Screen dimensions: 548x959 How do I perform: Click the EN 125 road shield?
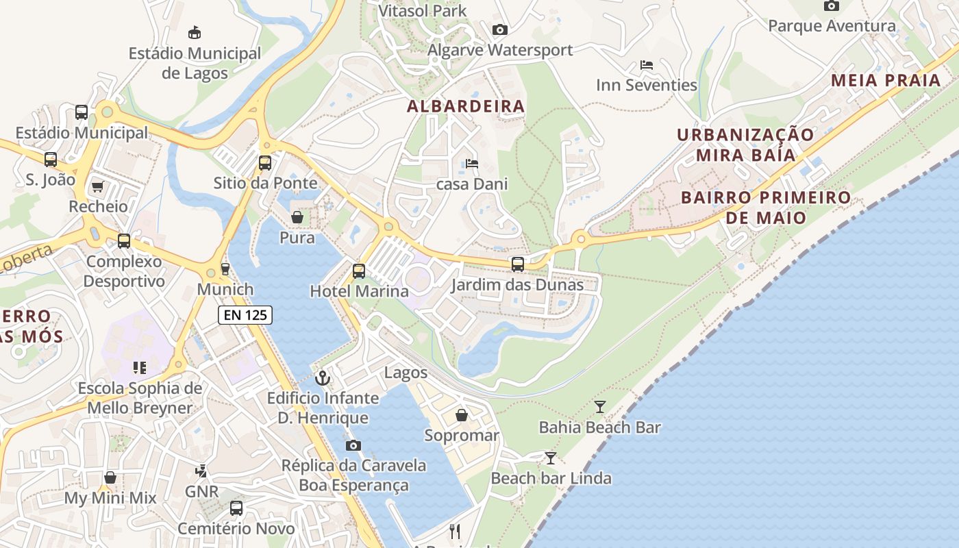tap(245, 315)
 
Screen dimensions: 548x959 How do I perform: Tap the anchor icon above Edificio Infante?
tap(322, 377)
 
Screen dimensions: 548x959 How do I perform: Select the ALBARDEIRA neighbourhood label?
tap(466, 106)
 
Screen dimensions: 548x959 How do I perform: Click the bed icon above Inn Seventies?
tap(646, 65)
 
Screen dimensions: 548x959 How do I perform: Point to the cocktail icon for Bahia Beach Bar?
tap(600, 407)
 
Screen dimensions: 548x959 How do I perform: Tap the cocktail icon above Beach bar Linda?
tap(551, 458)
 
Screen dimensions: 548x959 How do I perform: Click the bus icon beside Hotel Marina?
tap(359, 271)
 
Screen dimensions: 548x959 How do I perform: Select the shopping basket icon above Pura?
tap(297, 217)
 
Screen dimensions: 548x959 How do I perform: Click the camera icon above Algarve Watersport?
tap(500, 29)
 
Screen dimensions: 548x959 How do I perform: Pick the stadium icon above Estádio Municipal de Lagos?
tap(195, 32)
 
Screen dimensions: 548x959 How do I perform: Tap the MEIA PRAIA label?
tap(886, 80)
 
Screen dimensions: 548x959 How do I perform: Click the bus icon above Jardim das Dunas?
tap(518, 264)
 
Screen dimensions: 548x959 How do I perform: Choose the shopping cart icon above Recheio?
tap(97, 186)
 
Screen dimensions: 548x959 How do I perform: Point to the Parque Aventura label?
tap(832, 26)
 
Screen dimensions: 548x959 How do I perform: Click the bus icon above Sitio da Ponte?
tap(265, 163)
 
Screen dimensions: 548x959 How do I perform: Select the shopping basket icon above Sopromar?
tap(462, 415)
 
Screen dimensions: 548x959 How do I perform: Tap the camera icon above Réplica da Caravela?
tap(353, 445)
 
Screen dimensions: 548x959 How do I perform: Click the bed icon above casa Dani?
tap(472, 164)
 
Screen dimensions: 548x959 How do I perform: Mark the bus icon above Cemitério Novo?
tap(236, 508)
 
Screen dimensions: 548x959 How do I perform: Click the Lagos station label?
tap(406, 373)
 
